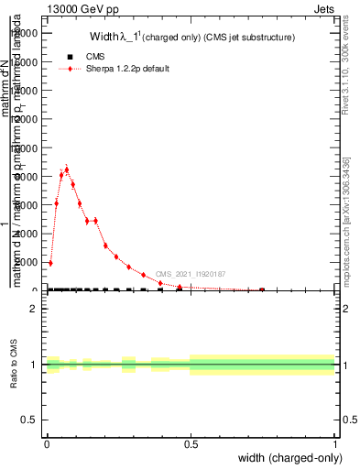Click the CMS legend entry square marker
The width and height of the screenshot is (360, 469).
click(71, 57)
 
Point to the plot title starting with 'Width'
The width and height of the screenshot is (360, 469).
click(191, 38)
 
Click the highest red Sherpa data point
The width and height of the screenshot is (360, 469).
click(67, 169)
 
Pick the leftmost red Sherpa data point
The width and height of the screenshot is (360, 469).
click(50, 263)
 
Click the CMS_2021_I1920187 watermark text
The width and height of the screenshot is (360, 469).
click(191, 274)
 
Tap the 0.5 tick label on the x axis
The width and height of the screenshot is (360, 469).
click(191, 443)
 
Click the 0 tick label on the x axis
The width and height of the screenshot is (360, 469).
click(47, 443)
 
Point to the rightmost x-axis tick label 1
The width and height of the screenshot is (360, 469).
click(335, 443)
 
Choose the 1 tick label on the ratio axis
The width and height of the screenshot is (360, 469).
click(34, 365)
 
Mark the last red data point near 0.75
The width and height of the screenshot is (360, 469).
click(262, 289)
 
